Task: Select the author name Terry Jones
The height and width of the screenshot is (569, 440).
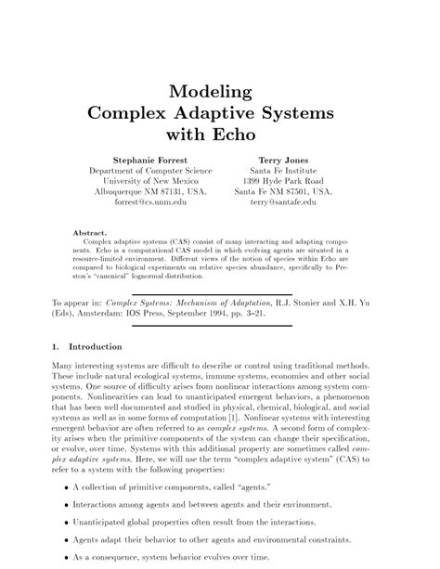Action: (x=285, y=160)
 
